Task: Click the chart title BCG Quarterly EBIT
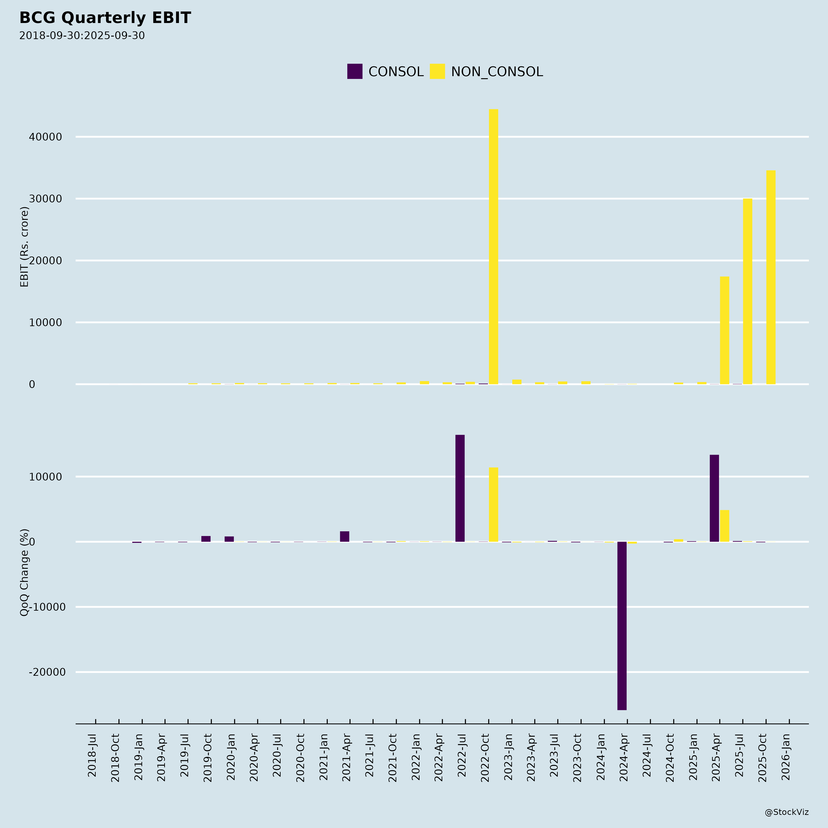(105, 18)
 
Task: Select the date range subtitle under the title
(82, 36)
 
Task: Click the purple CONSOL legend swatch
(354, 71)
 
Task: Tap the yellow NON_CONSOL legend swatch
(437, 71)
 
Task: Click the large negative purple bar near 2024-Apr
(622, 625)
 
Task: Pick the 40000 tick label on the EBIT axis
(46, 137)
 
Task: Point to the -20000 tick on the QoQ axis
(47, 672)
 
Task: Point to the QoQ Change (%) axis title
(24, 572)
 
